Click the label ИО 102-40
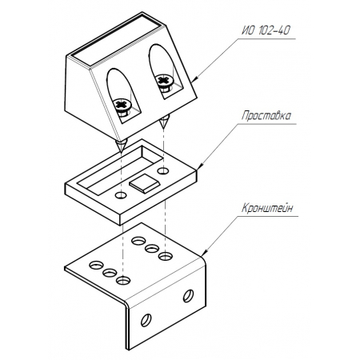click(x=266, y=30)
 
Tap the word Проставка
click(x=266, y=116)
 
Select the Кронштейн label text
click(x=267, y=208)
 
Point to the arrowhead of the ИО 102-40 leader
click(x=194, y=78)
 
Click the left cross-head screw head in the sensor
click(x=122, y=104)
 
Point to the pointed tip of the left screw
click(x=121, y=153)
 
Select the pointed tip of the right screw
click(x=162, y=128)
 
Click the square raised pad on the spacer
click(x=144, y=183)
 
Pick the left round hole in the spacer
click(x=121, y=195)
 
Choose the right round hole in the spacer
click(x=163, y=170)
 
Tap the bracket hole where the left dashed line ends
click(x=123, y=280)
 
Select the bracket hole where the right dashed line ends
click(x=166, y=257)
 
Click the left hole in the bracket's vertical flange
click(x=146, y=320)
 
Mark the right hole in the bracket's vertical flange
click(x=188, y=296)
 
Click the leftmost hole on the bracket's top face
click(x=97, y=265)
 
